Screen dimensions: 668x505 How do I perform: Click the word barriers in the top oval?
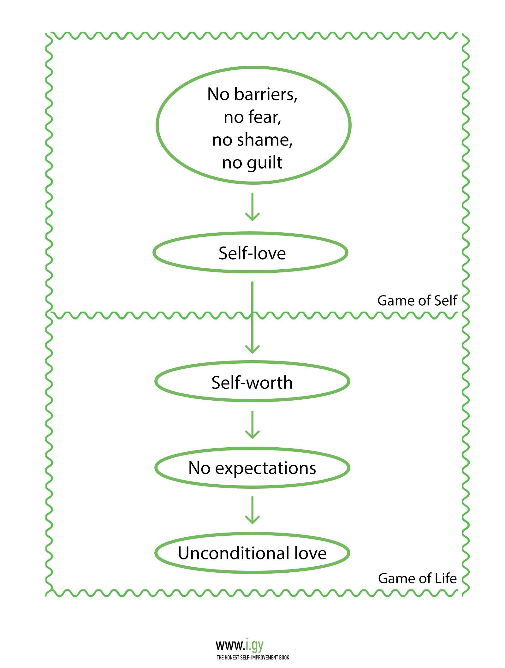tap(265, 94)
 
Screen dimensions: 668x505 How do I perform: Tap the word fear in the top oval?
tap(264, 117)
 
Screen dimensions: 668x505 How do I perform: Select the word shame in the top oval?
tap(264, 140)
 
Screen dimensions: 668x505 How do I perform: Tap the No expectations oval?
tap(252, 468)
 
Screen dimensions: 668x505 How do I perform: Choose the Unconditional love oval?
tap(252, 553)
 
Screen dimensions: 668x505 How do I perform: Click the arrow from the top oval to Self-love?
tap(252, 207)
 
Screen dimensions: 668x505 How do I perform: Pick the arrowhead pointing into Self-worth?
tap(252, 349)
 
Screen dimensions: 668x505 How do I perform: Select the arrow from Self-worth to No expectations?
tap(252, 425)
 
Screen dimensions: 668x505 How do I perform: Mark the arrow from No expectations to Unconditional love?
tap(252, 510)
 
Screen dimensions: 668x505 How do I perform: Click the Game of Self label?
tap(417, 301)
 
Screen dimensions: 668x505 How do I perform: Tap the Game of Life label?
tap(417, 579)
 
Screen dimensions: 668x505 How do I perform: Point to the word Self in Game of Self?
tap(445, 301)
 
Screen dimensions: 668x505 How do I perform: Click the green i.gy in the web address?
tap(254, 645)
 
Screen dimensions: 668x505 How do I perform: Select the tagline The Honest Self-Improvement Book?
tap(253, 658)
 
